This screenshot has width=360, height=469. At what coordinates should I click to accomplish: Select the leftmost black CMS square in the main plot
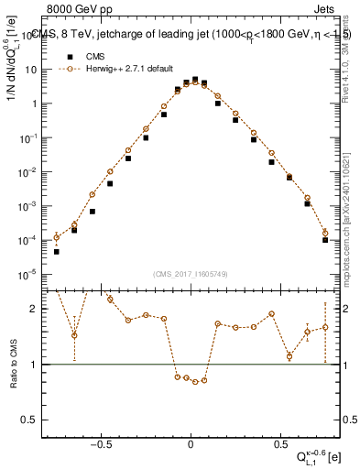(x=56, y=251)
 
